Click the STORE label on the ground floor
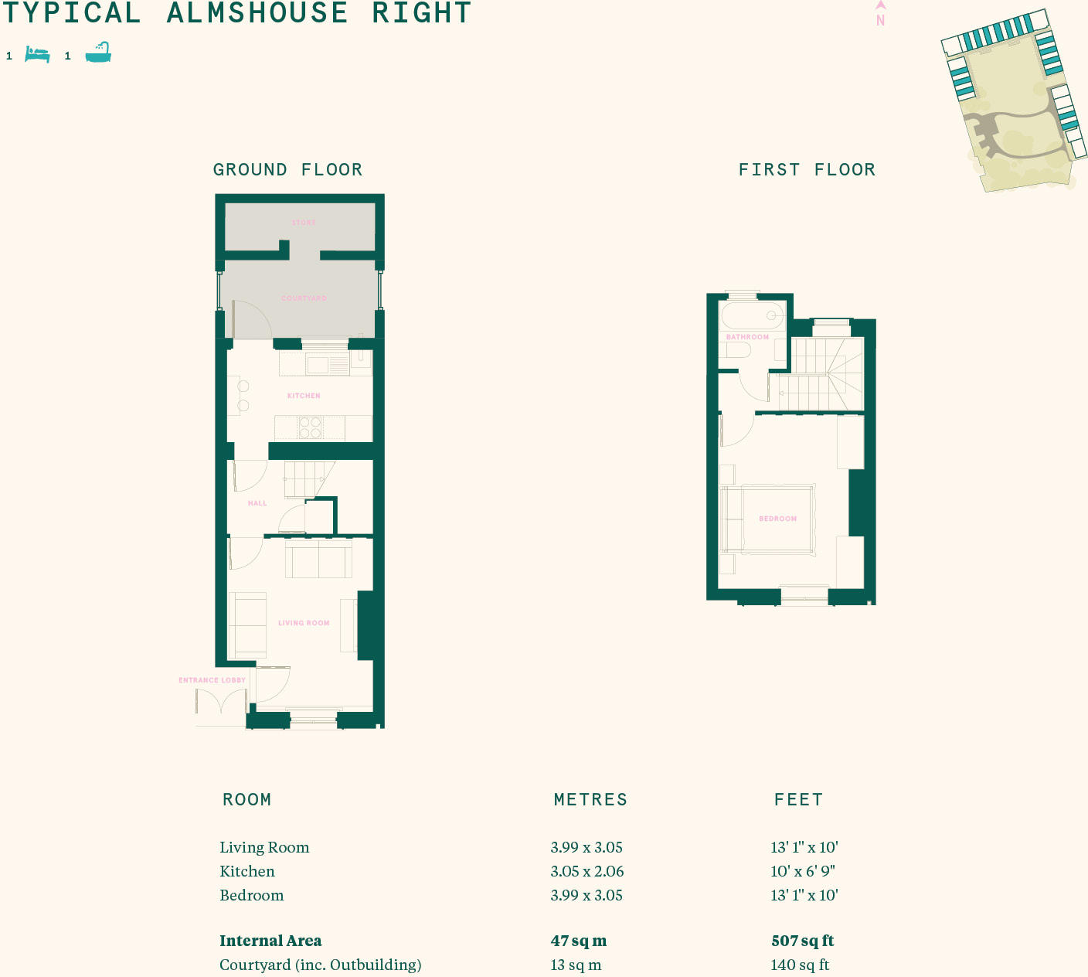pos(304,223)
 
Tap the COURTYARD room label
pos(304,298)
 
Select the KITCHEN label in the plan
pos(304,396)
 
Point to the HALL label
pos(257,503)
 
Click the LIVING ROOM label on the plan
pos(304,623)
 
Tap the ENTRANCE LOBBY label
pos(212,680)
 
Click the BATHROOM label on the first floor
pos(747,337)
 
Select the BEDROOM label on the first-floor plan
pos(777,519)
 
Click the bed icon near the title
pos(37,55)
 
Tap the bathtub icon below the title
pos(98,53)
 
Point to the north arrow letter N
pos(880,21)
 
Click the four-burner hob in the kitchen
pos(310,427)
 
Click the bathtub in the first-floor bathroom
pos(752,316)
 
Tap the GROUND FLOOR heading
pos(287,170)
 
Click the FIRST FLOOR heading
pos(807,170)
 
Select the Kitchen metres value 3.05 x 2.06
pos(586,871)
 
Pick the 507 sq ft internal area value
pos(802,941)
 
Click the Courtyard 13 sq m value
pos(576,965)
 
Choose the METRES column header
pos(590,800)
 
